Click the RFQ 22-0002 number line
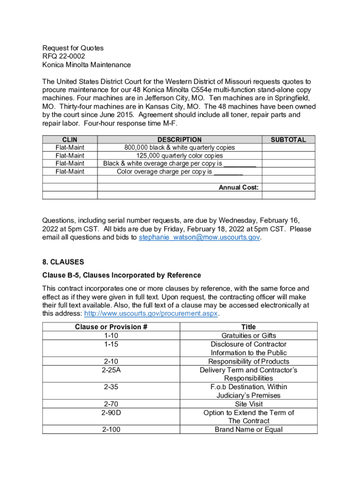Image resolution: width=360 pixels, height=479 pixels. click(64, 56)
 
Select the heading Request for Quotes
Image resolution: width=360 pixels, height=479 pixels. click(73, 48)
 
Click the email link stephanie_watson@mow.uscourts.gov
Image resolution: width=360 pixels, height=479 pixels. click(200, 238)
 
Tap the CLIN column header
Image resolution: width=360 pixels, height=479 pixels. click(70, 139)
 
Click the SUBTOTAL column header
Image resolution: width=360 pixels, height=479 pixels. click(288, 139)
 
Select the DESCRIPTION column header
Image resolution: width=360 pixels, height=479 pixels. click(180, 139)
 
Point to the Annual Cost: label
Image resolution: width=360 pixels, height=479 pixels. click(238, 188)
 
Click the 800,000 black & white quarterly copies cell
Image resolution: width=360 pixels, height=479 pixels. click(180, 147)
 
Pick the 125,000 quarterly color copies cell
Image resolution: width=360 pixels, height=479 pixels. click(180, 155)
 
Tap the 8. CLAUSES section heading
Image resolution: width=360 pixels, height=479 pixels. click(63, 262)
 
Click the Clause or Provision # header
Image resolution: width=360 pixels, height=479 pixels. click(111, 327)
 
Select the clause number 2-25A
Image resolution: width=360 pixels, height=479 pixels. click(111, 370)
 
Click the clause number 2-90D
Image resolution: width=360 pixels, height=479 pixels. click(111, 413)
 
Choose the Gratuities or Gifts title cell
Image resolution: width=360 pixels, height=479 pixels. click(248, 335)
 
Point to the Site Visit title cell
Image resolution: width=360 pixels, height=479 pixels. click(248, 404)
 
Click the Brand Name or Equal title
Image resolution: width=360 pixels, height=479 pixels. click(248, 429)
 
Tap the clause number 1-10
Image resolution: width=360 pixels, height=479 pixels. click(111, 335)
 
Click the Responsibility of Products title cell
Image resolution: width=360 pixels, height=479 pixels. click(248, 361)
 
